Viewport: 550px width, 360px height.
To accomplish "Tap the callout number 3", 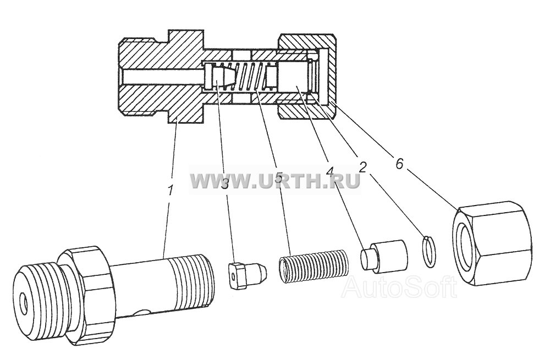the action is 225,182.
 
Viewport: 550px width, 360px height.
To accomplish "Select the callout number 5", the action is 278,178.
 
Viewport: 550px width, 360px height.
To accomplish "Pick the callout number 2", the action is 362,167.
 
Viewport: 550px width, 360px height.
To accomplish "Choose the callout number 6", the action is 399,164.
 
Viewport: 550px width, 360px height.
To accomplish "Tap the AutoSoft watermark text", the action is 399,287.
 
